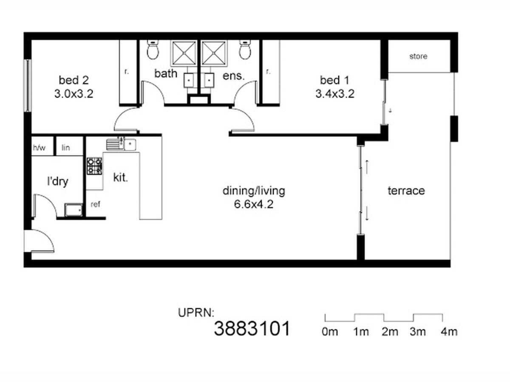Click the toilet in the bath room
153,49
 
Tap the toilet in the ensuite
245,49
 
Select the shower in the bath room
184,53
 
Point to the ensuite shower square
214,53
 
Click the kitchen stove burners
95,166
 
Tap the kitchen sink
121,144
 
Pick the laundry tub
74,210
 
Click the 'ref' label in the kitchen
95,204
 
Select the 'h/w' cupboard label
39,148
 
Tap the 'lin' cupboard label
66,148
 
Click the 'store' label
418,56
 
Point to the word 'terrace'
406,191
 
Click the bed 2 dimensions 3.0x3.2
74,94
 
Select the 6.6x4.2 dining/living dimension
254,204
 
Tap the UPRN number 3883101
252,329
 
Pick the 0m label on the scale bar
330,332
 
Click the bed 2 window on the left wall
28,86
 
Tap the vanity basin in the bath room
189,80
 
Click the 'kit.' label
121,178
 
